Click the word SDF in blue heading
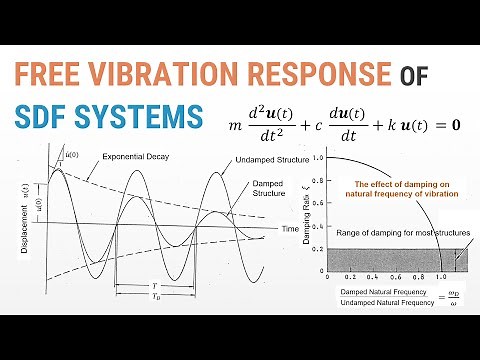click(51, 117)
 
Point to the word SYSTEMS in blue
click(146, 117)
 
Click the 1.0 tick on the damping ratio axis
click(316, 158)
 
